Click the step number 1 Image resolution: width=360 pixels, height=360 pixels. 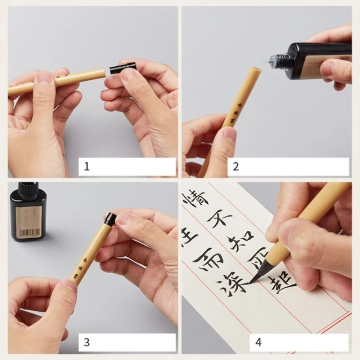(x=86, y=167)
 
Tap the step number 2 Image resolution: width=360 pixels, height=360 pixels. (x=236, y=167)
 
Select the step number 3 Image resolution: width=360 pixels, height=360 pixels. (x=86, y=342)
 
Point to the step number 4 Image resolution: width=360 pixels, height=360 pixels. (x=258, y=342)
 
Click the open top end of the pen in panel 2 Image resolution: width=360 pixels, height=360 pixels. (x=255, y=70)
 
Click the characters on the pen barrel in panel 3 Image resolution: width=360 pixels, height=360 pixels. (x=80, y=265)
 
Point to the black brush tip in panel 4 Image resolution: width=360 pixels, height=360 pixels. (x=258, y=272)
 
